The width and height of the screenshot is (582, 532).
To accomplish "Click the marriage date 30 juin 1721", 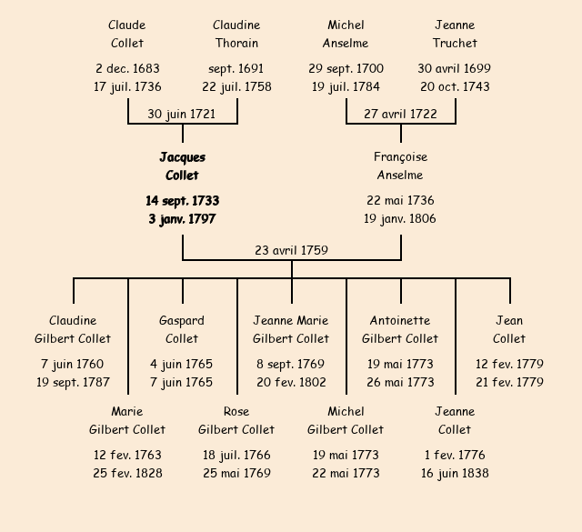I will click(x=182, y=114).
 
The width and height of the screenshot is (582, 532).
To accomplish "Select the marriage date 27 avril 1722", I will click(x=400, y=114).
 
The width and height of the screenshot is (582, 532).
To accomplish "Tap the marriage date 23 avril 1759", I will click(x=291, y=250).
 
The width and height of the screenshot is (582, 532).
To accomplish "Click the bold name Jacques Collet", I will click(x=182, y=166).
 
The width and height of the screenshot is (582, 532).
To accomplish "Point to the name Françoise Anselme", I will click(x=400, y=166).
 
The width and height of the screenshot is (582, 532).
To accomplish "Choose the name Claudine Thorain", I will click(x=236, y=35).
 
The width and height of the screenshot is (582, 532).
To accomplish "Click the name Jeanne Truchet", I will click(x=455, y=35).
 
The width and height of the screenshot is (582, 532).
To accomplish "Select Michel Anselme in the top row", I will click(x=346, y=35).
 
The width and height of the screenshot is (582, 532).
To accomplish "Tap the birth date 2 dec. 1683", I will click(x=127, y=68).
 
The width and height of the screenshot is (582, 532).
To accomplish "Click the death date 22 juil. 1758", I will click(x=236, y=87).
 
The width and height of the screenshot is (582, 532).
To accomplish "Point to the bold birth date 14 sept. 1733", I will click(x=182, y=200).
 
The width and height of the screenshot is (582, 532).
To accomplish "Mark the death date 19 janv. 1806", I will click(x=400, y=219).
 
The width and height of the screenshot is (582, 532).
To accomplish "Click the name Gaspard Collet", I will click(x=182, y=329).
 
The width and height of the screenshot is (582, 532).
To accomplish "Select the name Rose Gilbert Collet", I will click(x=236, y=420).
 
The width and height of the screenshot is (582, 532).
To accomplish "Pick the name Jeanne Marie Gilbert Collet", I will click(x=291, y=329).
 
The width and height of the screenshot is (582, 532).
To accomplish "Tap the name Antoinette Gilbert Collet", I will click(x=400, y=329).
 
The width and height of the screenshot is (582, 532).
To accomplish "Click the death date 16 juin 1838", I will click(x=455, y=473).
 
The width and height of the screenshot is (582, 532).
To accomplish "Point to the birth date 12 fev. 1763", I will click(x=127, y=455).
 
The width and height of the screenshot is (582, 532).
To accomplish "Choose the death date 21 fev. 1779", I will click(x=509, y=382).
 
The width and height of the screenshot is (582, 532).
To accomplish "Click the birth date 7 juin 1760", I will click(x=73, y=364).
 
